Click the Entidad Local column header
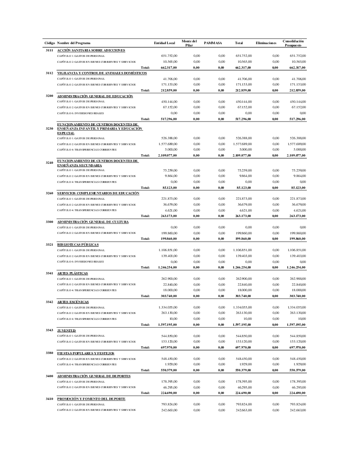point(165,43)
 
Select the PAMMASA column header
point(213,43)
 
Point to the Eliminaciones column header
point(266,43)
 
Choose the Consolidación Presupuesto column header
point(293,43)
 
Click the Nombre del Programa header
point(74,43)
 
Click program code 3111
point(50,50)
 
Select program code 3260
point(50,193)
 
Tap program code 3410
point(50,399)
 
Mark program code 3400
point(50,376)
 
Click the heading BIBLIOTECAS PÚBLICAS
point(78,244)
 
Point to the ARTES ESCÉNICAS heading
point(73,302)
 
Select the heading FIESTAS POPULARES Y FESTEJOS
point(85,353)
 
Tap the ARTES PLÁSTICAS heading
point(73,273)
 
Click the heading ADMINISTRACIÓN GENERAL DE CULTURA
point(93,222)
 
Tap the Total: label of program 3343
point(145,347)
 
